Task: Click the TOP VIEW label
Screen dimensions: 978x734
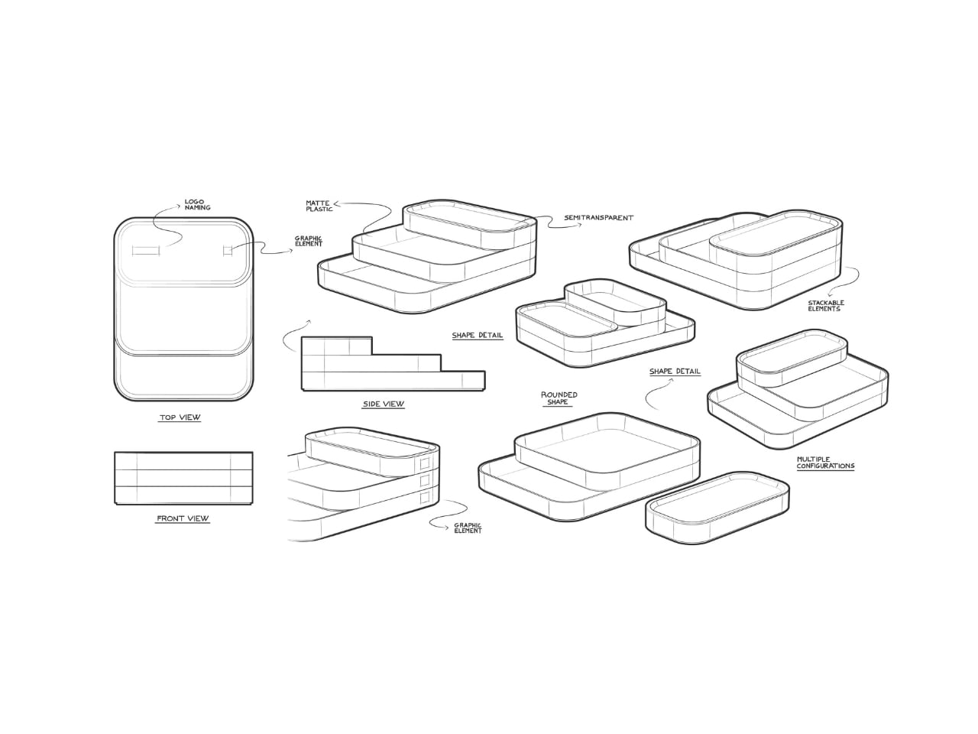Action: point(180,417)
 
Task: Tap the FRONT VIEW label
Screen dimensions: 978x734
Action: point(183,518)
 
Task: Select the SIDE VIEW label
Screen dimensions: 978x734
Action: point(384,404)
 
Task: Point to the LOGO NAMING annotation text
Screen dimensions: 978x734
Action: point(197,205)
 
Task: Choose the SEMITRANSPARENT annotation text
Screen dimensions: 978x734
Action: point(598,218)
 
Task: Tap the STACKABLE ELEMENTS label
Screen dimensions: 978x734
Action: point(826,306)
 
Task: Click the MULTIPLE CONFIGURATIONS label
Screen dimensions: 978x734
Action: point(825,463)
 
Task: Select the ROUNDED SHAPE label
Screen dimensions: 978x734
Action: point(559,398)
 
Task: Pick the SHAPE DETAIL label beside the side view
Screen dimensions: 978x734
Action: point(478,335)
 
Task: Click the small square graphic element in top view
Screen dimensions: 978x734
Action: point(228,252)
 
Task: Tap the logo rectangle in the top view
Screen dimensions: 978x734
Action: point(146,252)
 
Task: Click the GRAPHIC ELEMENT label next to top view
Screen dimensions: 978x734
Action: point(309,241)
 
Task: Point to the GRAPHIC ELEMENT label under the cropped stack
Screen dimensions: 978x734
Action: point(468,528)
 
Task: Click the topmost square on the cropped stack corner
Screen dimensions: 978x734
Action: point(425,463)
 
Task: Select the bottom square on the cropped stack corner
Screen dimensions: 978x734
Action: point(425,497)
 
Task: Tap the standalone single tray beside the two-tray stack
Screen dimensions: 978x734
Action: point(717,508)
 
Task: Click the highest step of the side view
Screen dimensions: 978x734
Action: point(337,346)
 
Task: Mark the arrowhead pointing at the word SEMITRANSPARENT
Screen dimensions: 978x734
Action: point(579,225)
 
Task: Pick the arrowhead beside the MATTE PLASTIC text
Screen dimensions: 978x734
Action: point(336,204)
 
